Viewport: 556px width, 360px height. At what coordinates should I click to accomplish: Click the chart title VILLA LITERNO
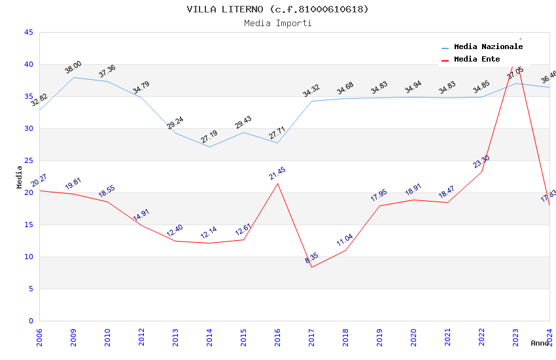277,9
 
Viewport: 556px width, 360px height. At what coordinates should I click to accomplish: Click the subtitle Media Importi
277,23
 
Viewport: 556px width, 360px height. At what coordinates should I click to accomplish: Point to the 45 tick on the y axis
28,32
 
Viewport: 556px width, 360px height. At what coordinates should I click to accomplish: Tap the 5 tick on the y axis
30,289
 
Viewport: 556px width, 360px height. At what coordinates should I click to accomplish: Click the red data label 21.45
277,173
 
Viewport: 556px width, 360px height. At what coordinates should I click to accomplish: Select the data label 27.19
209,137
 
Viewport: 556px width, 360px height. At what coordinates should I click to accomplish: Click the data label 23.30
481,162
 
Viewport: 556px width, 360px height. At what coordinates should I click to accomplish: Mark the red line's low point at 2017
311,267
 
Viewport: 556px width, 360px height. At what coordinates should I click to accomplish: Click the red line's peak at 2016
277,183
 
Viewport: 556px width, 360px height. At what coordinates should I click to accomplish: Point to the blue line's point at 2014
209,147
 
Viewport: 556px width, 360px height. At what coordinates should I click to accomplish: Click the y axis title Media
20,177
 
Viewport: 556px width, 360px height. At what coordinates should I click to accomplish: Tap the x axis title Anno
540,343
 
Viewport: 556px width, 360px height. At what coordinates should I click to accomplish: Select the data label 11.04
345,240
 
